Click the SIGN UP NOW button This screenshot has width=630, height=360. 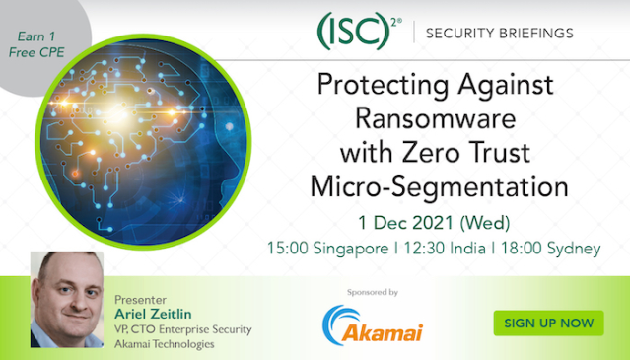[x=548, y=323]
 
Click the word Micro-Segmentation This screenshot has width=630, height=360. [x=440, y=185]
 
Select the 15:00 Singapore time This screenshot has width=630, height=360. [x=329, y=248]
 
